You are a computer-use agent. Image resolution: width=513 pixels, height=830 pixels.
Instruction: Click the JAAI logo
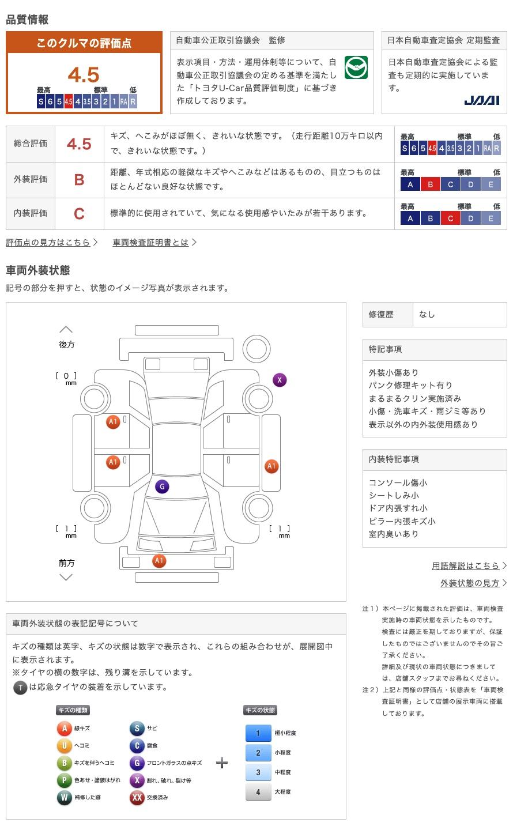481,100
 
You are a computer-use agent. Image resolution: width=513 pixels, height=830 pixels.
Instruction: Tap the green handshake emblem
356,67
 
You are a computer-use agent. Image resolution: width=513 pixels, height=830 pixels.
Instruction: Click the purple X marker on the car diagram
280,380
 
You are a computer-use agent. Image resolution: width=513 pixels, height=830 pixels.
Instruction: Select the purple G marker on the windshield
162,486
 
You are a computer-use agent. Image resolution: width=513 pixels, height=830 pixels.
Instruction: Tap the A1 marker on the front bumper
159,561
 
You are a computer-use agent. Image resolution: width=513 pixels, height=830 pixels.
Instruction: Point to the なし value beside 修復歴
427,314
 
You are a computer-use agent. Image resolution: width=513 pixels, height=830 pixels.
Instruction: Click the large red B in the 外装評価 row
79,180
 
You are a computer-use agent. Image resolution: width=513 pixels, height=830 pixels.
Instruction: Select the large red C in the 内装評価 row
79,214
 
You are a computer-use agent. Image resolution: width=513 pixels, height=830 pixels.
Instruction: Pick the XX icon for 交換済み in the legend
137,797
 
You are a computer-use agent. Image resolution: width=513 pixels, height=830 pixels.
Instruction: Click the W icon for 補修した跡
64,797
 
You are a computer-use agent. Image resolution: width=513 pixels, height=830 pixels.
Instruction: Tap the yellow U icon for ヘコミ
64,745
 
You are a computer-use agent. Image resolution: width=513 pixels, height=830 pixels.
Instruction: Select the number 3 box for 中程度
258,772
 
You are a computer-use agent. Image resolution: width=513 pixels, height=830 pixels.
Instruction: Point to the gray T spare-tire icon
20,687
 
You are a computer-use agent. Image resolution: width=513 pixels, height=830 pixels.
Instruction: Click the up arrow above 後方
66,330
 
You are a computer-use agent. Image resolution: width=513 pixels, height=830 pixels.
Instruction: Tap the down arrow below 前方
66,577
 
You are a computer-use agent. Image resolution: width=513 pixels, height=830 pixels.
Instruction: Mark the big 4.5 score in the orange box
84,75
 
